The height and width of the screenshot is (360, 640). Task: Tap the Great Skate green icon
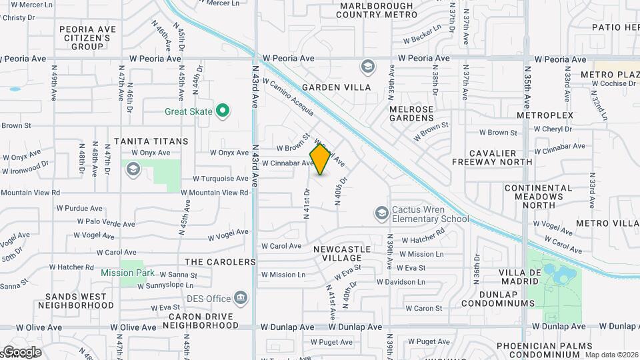[x=223, y=111]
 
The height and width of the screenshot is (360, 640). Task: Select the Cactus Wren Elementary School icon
[x=381, y=213]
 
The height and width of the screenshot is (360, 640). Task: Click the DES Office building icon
[x=241, y=298]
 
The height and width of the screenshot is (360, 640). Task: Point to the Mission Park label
[x=127, y=273]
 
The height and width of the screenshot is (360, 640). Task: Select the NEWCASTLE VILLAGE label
[x=342, y=253]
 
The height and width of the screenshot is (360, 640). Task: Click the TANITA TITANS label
[x=151, y=141]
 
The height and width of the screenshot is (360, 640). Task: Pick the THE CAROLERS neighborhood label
[x=220, y=262]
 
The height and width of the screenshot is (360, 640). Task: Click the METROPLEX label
[x=545, y=115]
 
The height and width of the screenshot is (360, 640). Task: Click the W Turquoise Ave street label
[x=221, y=179]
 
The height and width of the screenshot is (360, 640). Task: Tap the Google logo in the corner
[x=21, y=351]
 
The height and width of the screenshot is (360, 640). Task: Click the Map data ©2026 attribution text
[x=611, y=355]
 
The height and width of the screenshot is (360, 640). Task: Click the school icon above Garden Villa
[x=366, y=66]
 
